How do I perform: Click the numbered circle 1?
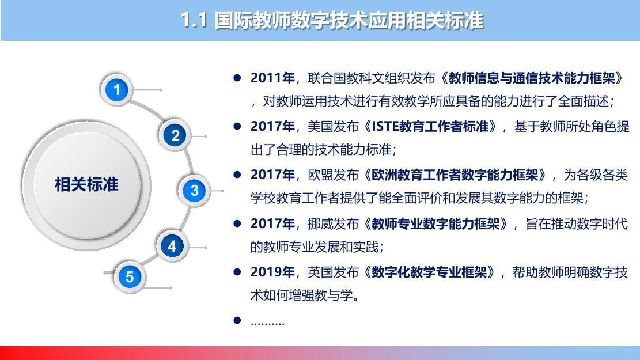117,90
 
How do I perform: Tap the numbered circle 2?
175,135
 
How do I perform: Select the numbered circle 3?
194,191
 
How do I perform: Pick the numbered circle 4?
172,246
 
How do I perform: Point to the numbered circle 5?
130,276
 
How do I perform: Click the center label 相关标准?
86,184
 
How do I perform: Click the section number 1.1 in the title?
194,20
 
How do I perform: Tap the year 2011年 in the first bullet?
272,78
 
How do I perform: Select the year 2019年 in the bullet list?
272,272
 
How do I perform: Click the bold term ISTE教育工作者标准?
430,127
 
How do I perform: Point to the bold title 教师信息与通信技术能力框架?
532,78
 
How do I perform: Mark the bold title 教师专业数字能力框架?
436,223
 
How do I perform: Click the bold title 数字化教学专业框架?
429,272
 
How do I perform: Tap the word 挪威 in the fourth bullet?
320,223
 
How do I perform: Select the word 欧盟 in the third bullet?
320,175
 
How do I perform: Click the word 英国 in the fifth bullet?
320,272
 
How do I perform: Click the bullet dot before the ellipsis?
237,320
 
